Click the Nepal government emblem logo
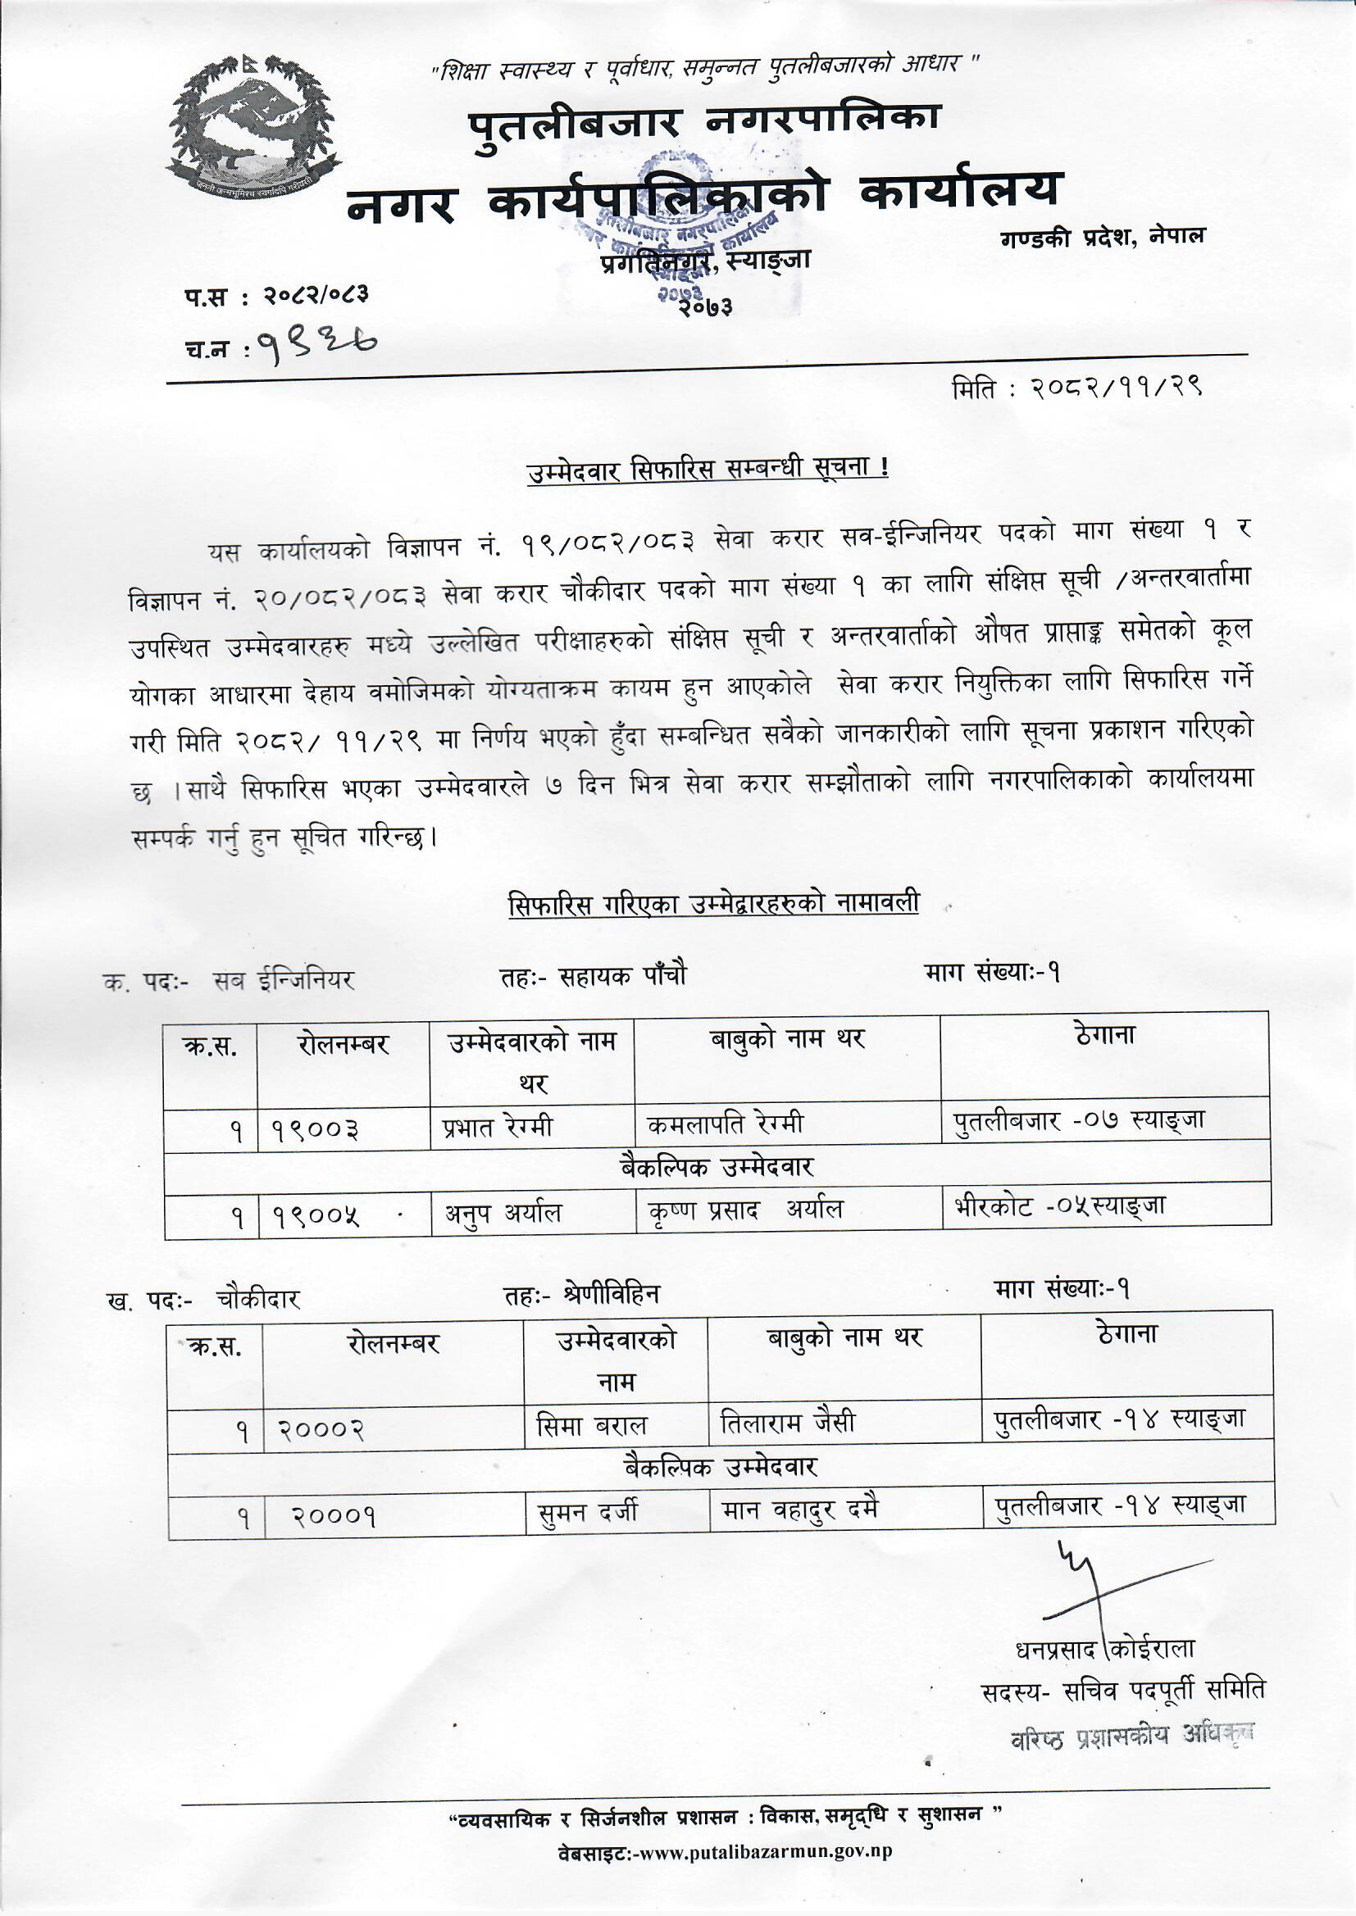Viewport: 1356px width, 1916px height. coord(254,126)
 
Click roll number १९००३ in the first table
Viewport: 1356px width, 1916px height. coord(316,1131)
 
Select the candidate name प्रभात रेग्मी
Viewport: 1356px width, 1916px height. coord(498,1128)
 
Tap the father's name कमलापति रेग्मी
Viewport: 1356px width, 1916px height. coord(725,1124)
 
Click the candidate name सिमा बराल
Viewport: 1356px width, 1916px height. coord(591,1427)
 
